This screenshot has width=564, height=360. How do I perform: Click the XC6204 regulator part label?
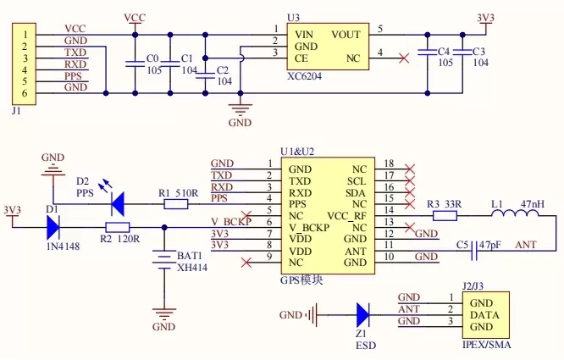[x=304, y=75]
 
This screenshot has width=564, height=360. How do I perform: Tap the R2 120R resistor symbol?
[x=117, y=226]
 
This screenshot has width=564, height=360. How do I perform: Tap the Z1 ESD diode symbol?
[x=363, y=315]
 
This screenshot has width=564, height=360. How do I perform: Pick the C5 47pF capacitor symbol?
[x=474, y=245]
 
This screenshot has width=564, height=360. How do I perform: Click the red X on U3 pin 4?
[x=403, y=58]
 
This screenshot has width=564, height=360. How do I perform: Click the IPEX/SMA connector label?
[x=487, y=346]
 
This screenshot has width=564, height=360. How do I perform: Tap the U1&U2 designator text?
[x=297, y=150]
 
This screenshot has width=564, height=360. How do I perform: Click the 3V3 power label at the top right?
[x=486, y=16]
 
